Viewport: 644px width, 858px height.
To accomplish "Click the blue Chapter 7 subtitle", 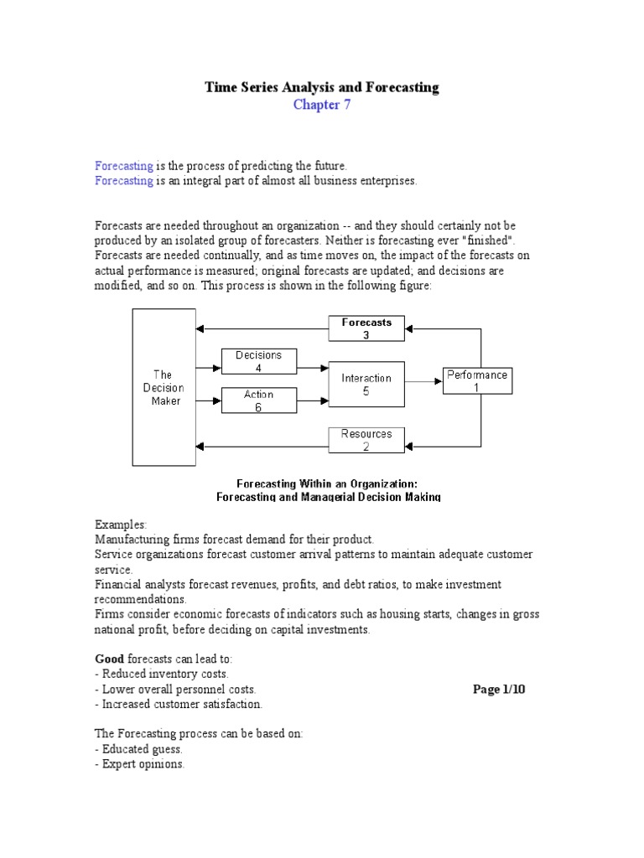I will (322, 105).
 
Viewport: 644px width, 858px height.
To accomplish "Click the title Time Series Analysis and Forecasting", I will (322, 87).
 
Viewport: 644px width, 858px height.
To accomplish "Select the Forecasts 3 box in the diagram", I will (366, 328).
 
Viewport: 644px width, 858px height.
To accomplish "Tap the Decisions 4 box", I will (258, 361).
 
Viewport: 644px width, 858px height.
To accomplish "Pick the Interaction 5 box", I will (366, 384).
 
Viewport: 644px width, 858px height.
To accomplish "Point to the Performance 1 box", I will (477, 381).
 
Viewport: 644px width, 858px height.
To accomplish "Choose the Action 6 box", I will (258, 401).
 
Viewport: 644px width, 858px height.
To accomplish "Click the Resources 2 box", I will (366, 440).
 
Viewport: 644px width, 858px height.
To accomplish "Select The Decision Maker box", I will (164, 386).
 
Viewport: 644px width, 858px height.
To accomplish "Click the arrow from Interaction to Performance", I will (423, 382).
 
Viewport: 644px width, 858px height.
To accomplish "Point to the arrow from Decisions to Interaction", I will (312, 367).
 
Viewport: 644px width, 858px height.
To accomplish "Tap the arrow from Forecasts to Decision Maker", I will (260, 328).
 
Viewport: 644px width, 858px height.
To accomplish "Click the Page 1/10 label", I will (500, 689).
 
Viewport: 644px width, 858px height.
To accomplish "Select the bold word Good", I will (109, 658).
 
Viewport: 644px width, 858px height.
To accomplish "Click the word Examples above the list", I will (121, 524).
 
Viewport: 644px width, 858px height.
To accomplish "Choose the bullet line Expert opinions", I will (141, 765).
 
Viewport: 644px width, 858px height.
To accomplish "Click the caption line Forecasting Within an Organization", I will (327, 483).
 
